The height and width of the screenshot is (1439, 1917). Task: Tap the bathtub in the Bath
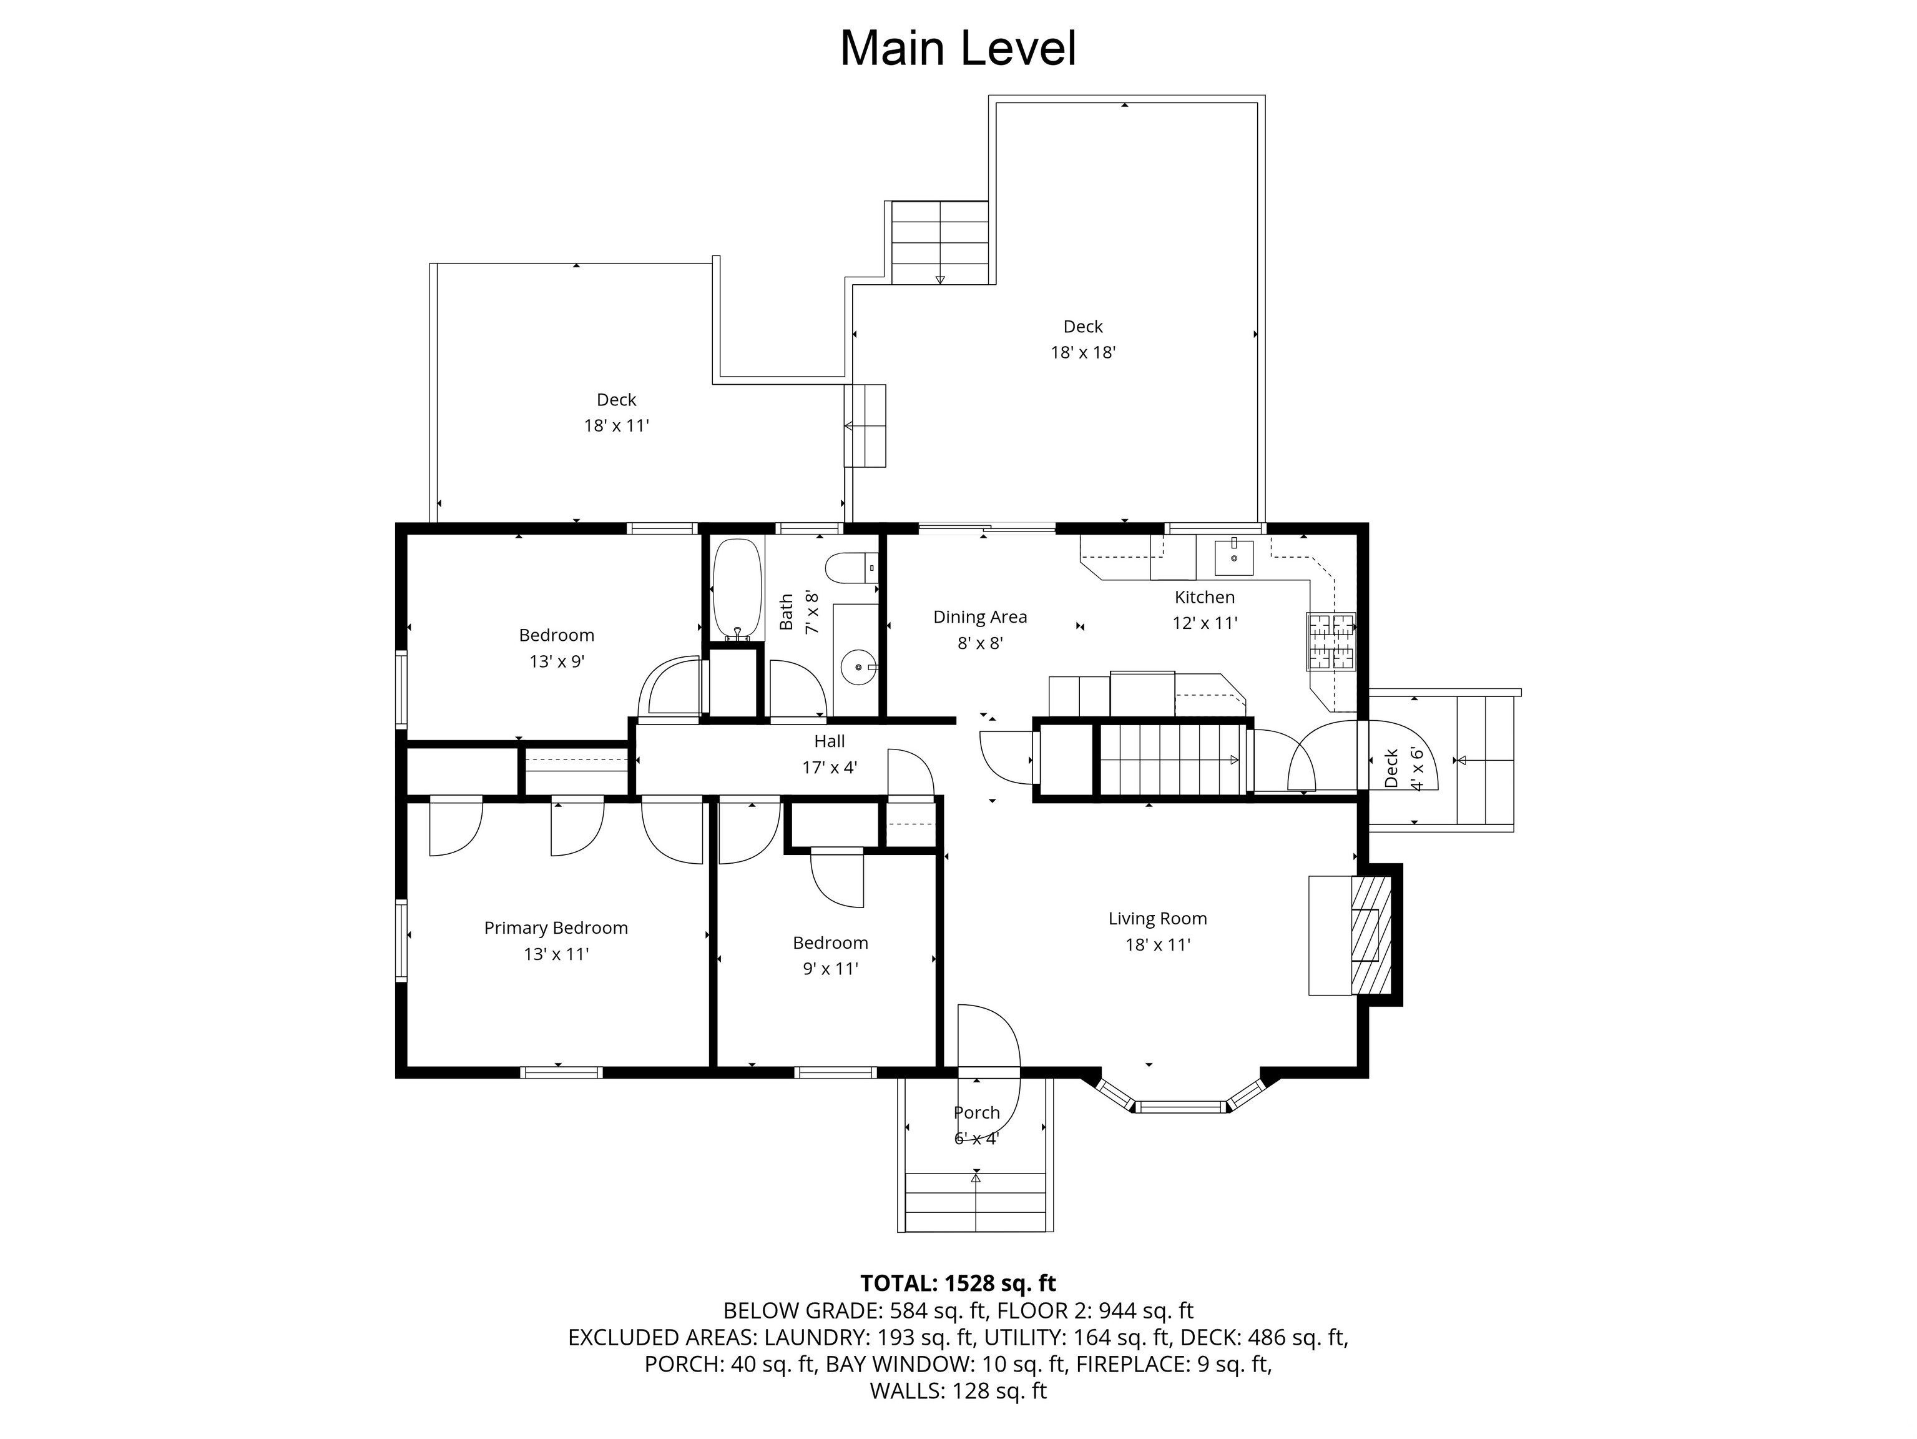(737, 588)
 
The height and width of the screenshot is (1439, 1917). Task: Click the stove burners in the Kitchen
(1331, 641)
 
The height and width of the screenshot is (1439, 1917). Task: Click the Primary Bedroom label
(556, 928)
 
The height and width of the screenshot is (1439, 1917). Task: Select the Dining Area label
(980, 617)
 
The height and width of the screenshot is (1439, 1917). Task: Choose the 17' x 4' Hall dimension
(830, 767)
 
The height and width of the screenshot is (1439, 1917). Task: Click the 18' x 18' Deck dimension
(1082, 353)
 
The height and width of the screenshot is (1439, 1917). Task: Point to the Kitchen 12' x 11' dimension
(1205, 623)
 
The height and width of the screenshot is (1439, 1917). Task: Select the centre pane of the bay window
(1180, 1106)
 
